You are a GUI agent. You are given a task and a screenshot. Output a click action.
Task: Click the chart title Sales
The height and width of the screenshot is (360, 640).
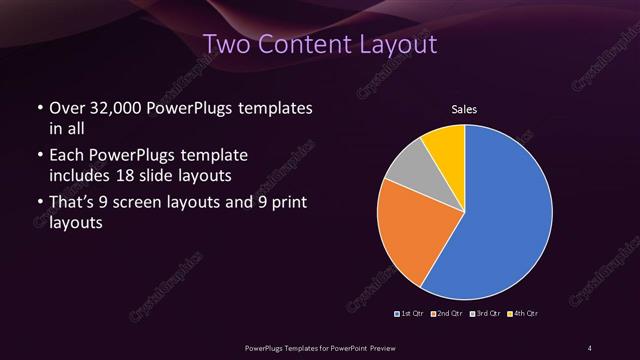466,109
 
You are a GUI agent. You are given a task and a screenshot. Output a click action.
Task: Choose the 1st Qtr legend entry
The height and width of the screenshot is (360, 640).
411,315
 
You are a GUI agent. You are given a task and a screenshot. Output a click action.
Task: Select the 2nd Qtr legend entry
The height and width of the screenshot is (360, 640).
447,315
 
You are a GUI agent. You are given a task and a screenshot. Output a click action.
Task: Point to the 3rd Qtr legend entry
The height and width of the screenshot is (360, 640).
484,315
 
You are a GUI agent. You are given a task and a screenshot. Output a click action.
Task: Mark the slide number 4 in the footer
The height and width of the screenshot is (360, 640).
590,347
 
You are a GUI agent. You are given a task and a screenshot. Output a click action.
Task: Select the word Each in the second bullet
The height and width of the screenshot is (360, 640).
66,156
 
